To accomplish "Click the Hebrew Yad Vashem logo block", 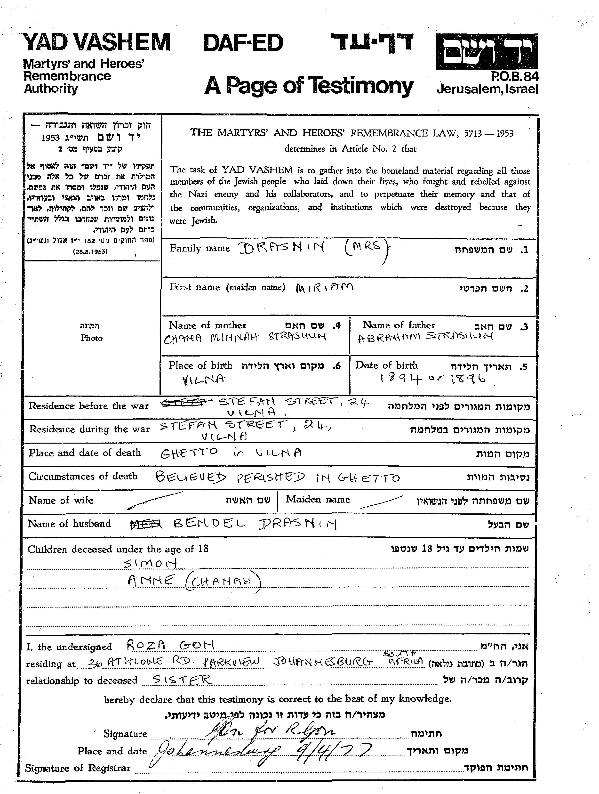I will coord(487,51).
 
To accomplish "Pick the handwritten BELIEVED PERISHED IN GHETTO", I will coord(277,478).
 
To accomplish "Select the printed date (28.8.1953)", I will coord(90,252).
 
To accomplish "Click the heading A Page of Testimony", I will coord(309,86).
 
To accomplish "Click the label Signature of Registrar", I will coord(78,768).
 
